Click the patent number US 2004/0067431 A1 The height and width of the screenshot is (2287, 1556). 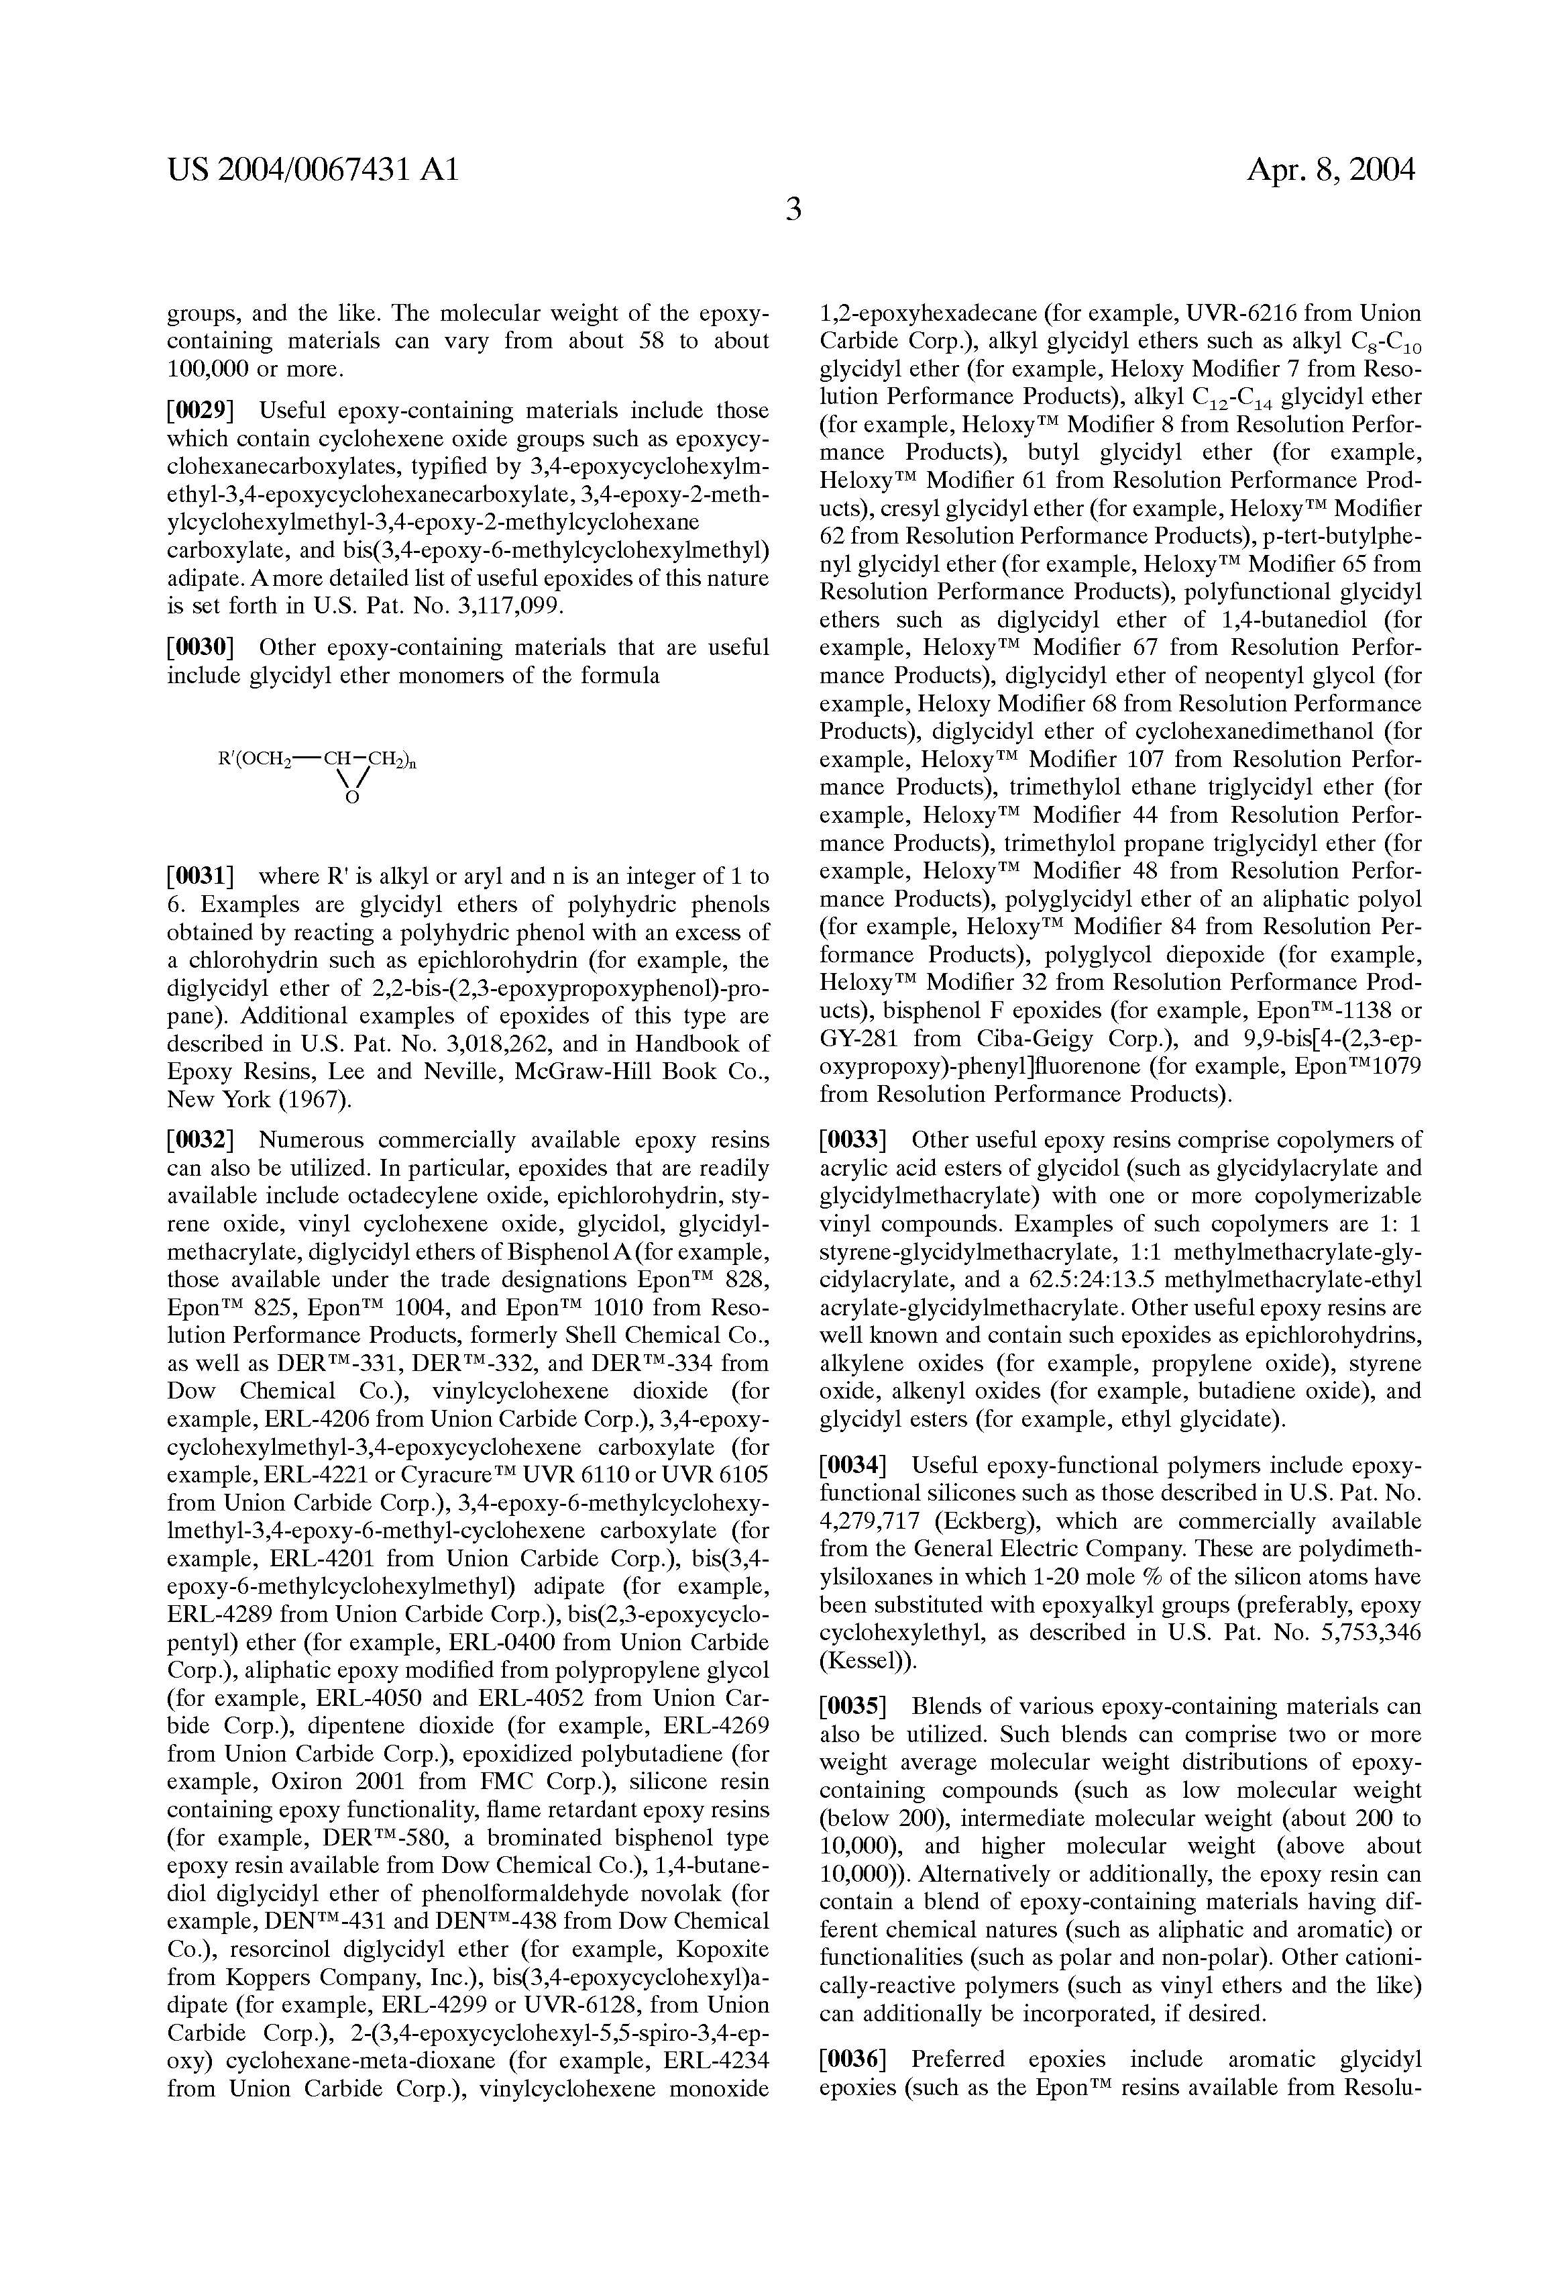coord(313,171)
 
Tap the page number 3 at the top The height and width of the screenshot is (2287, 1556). coord(793,209)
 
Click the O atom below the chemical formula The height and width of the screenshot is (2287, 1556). coord(351,800)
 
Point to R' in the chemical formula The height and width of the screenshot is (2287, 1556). coord(223,760)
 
